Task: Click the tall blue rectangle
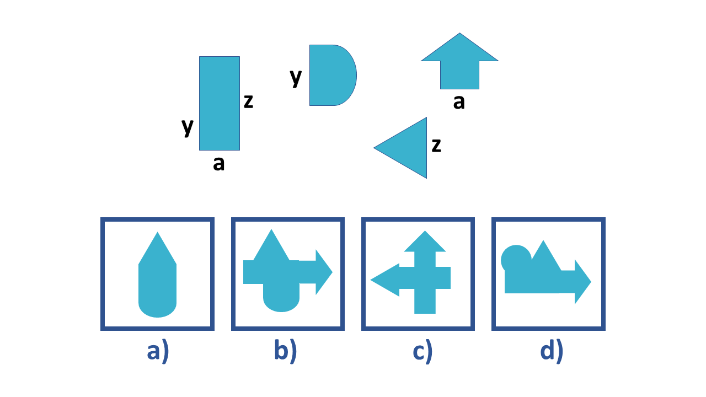[x=220, y=103]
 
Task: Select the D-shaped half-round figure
[x=331, y=75]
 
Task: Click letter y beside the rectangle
[x=188, y=127]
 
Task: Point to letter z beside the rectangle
[x=248, y=101]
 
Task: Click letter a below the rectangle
[x=219, y=163]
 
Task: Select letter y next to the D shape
[x=296, y=77]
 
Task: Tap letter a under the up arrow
[x=459, y=102]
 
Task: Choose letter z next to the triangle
[x=436, y=145]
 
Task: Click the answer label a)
[x=157, y=352]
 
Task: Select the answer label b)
[x=285, y=352]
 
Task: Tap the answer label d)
[x=552, y=352]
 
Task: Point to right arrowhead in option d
[x=582, y=282]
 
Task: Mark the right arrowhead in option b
[x=323, y=272]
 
